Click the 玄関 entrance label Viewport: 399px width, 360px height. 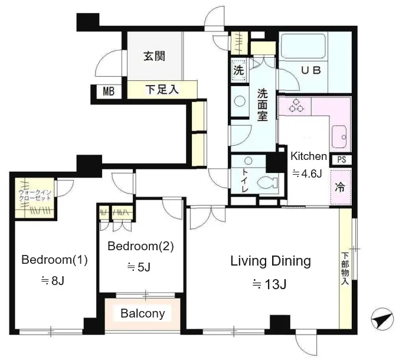[x=155, y=56]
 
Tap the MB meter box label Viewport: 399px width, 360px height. [x=109, y=91]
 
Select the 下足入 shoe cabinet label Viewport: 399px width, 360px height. [x=162, y=90]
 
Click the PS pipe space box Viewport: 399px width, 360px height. [x=342, y=160]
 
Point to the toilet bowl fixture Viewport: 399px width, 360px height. [x=267, y=183]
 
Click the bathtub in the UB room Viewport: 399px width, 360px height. [x=302, y=46]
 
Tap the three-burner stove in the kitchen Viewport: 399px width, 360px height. [x=296, y=106]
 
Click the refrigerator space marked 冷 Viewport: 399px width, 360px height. [x=340, y=187]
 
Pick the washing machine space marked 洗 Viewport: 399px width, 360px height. [x=238, y=70]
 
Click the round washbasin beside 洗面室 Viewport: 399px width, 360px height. [x=240, y=102]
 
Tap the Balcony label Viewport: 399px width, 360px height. [x=143, y=313]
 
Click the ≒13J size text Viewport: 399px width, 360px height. [x=270, y=284]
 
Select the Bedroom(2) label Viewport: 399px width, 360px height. [x=140, y=246]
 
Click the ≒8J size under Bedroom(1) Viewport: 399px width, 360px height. [x=53, y=280]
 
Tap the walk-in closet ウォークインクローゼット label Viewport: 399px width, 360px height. [x=35, y=195]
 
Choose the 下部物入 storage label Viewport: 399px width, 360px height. [x=345, y=268]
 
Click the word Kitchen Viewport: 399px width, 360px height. [x=309, y=156]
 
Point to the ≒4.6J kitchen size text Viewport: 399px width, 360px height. [x=307, y=174]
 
